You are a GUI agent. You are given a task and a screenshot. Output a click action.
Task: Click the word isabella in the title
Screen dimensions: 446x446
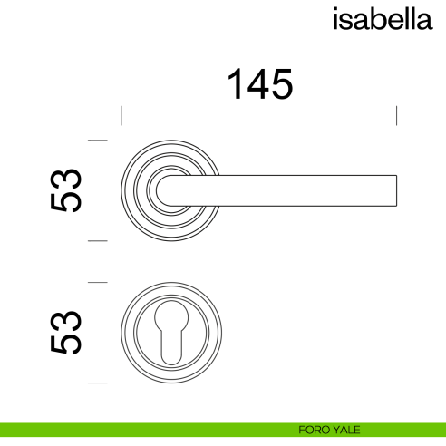[381, 19]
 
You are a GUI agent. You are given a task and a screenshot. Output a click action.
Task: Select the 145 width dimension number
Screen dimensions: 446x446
[259, 85]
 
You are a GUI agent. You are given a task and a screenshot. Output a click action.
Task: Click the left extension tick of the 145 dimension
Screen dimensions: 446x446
[121, 116]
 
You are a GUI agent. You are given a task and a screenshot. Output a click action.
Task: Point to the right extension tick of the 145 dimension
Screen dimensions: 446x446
[396, 116]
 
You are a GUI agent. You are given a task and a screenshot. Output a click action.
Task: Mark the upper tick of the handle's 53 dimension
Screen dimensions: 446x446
[97, 140]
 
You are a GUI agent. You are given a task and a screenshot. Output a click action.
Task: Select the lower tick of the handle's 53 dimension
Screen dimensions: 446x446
[97, 241]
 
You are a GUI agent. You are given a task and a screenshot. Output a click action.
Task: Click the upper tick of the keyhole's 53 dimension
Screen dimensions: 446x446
[97, 283]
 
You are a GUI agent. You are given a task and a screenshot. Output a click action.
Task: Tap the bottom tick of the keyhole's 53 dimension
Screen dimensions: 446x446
[97, 384]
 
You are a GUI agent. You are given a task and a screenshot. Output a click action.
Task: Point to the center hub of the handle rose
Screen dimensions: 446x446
[170, 189]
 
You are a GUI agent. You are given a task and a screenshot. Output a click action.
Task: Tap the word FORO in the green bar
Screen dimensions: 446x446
[312, 430]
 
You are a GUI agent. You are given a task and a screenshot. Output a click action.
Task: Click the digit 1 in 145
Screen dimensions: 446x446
[235, 85]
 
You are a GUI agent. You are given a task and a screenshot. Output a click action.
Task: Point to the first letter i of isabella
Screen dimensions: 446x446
[336, 19]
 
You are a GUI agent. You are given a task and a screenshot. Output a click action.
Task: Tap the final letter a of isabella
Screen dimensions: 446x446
[423, 21]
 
